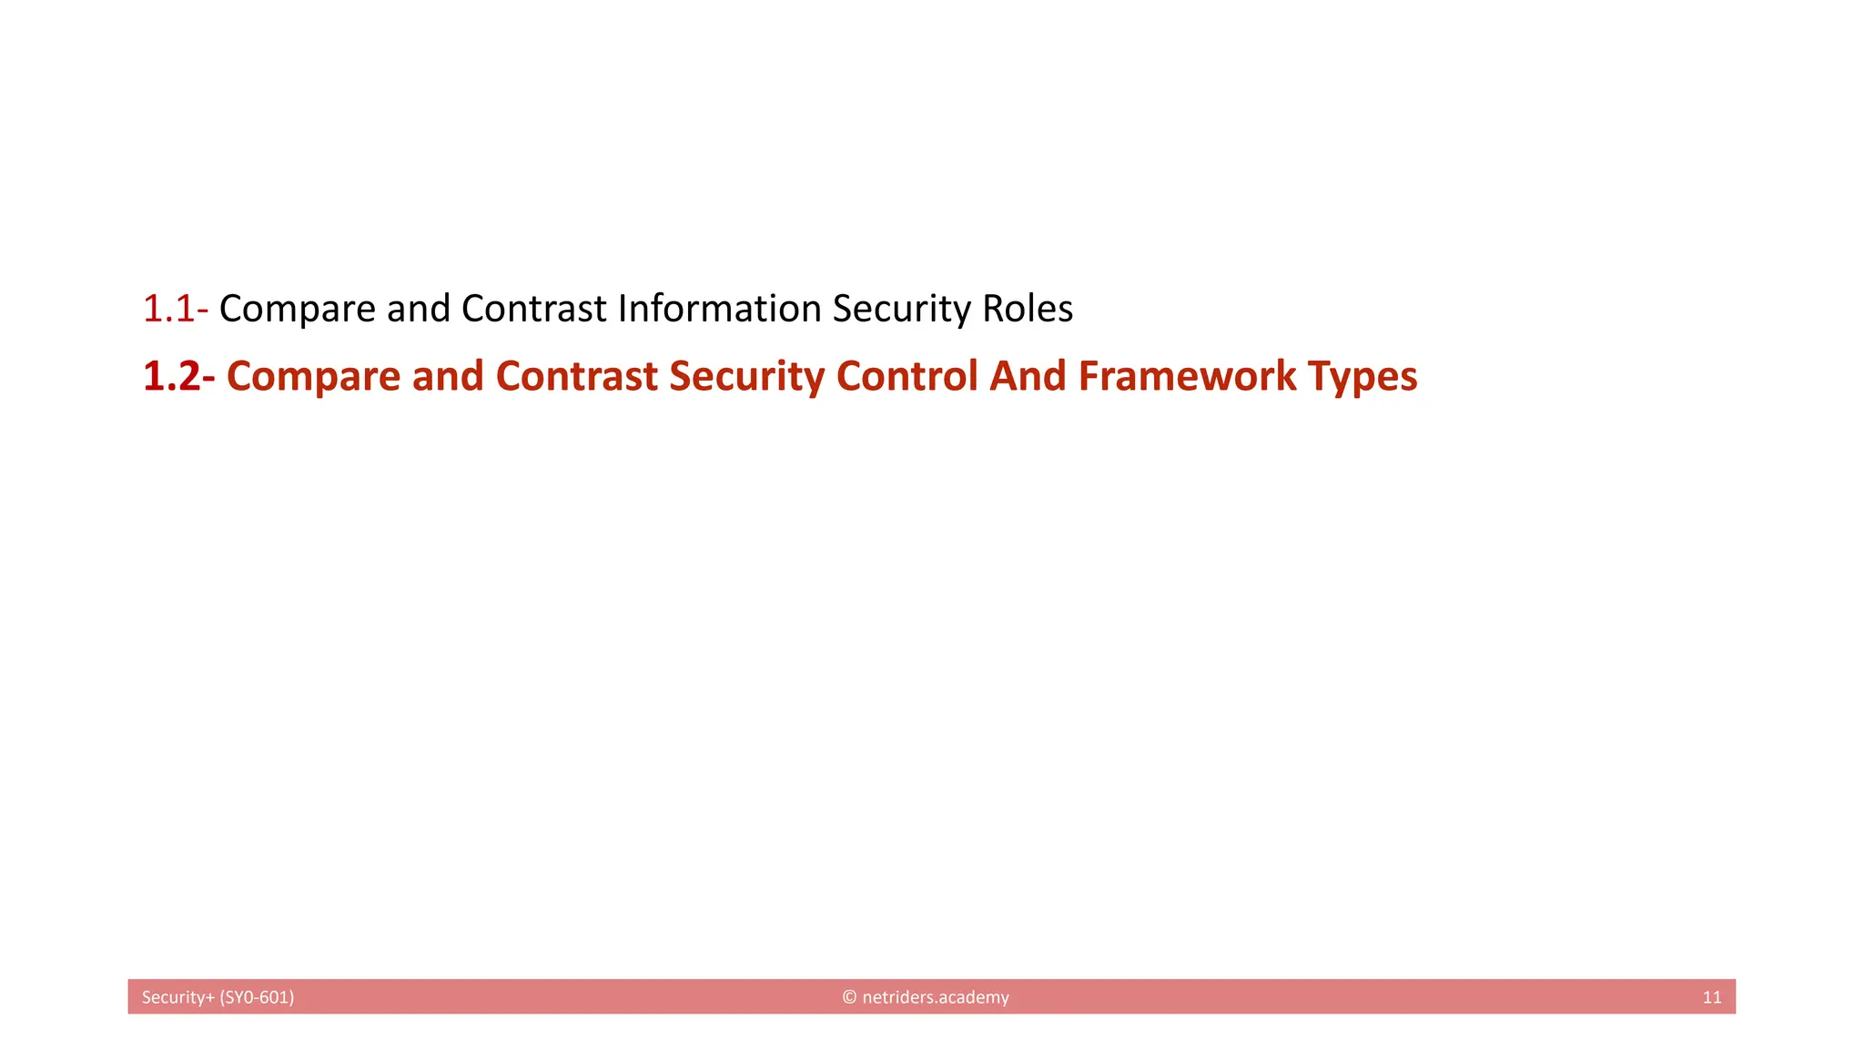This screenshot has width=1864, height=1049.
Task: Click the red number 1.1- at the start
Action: pyautogui.click(x=175, y=309)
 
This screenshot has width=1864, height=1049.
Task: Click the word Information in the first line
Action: pyautogui.click(x=719, y=309)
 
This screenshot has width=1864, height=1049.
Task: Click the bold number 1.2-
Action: pyautogui.click(x=178, y=376)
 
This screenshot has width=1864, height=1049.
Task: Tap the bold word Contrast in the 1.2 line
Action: pyautogui.click(x=576, y=376)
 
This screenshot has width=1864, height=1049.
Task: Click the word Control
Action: pyautogui.click(x=907, y=376)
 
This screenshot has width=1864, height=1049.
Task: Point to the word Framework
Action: pyautogui.click(x=1187, y=376)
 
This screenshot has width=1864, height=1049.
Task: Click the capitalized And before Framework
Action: pyautogui.click(x=1028, y=376)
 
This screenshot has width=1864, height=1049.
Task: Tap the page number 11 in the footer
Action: pyautogui.click(x=1711, y=997)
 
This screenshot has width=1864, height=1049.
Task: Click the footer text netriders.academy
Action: pyautogui.click(x=935, y=997)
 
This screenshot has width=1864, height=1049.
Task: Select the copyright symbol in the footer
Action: pyautogui.click(x=849, y=997)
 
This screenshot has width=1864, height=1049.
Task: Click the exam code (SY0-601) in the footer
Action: pyautogui.click(x=257, y=997)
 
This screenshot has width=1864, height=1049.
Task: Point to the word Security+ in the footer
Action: pyautogui.click(x=178, y=997)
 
